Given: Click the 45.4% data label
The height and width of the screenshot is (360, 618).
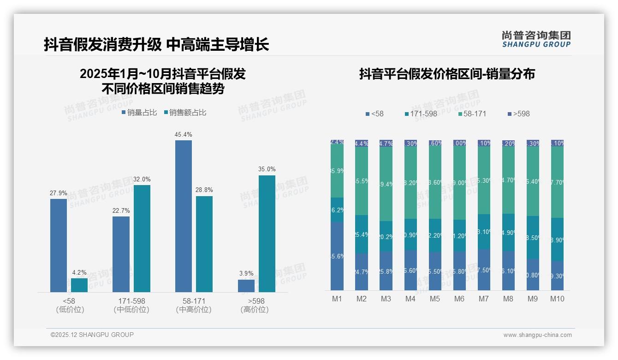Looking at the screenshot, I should pos(184,135).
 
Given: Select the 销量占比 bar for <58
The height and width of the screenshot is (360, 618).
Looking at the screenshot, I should pos(59,245).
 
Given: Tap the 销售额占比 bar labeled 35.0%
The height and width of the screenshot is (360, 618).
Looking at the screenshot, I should pos(267,234).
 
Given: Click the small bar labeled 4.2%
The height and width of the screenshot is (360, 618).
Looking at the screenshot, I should pos(79,285).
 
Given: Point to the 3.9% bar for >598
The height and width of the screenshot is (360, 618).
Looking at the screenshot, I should pos(246,286).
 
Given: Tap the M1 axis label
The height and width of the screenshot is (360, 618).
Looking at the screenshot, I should pos(337,299).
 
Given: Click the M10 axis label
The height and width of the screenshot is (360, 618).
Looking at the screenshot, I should pos(557,299).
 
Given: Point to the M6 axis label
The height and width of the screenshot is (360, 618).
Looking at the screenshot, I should pos(459,299).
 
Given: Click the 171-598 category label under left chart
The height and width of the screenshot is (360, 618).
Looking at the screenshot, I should pos(131,301).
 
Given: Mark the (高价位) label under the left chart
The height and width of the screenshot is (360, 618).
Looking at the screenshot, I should pos(255,310).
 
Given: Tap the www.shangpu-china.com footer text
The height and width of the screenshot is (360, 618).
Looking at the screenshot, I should pos(537,335).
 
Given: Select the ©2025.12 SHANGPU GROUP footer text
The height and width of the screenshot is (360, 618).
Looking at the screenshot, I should pos(92,335).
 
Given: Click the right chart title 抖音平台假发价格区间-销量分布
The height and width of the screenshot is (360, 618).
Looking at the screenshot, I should pos(447,74).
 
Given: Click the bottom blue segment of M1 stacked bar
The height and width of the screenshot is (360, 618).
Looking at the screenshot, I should pos(337,256).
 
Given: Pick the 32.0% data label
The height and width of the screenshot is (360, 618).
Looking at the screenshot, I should pos(142,180).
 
